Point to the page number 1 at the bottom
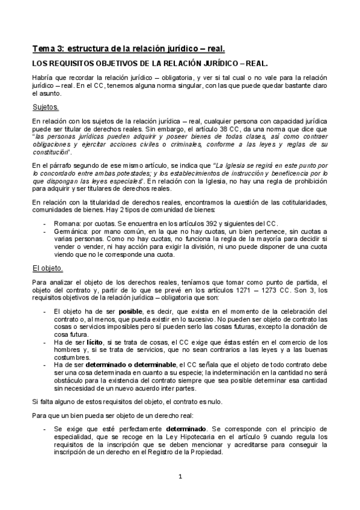tap(180, 478)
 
